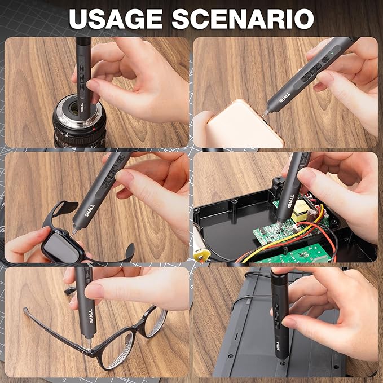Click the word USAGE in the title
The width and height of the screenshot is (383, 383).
click(116, 19)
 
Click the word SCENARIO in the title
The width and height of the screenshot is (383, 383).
click(243, 19)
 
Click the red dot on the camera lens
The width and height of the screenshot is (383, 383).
click(94, 129)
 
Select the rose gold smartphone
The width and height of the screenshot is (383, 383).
click(241, 125)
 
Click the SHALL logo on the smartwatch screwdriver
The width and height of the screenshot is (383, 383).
click(89, 210)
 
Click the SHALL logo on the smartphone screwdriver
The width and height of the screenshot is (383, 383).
click(285, 97)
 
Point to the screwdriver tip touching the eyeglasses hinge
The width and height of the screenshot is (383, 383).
click(90, 347)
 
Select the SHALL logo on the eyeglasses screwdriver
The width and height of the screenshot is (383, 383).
click(91, 316)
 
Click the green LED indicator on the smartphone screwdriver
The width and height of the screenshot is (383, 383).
click(332, 53)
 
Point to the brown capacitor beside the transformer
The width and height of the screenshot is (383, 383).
click(311, 214)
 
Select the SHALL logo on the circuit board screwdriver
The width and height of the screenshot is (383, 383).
click(291, 201)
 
